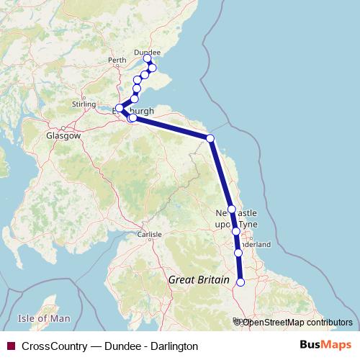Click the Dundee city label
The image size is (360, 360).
(x=148, y=52)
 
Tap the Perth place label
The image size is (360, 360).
(x=116, y=60)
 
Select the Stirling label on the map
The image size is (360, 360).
(x=84, y=104)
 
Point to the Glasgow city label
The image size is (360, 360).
(x=63, y=135)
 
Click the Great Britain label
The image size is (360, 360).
(x=198, y=279)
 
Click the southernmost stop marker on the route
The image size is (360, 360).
(x=240, y=282)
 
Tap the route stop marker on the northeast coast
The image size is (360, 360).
(x=210, y=138)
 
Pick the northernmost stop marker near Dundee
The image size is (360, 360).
(x=148, y=59)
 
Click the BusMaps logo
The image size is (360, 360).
(x=325, y=346)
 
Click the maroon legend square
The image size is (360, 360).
(x=9, y=346)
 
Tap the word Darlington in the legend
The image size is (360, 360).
(x=174, y=346)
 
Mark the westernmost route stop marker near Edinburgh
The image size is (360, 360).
(x=119, y=109)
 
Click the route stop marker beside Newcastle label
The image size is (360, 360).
(x=232, y=210)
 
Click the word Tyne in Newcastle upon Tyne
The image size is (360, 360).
(x=248, y=225)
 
